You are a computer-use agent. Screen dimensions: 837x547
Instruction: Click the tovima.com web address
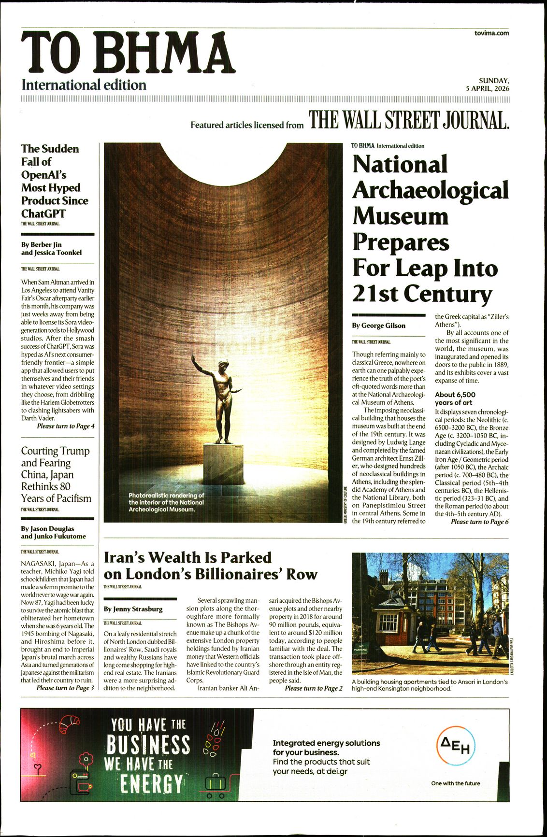pos(491,33)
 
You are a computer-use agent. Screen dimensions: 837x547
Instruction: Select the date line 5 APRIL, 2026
pos(487,89)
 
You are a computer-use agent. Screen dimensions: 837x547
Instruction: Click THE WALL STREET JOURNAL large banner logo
pos(409,121)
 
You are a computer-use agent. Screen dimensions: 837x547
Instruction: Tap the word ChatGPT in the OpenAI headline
pos(43,214)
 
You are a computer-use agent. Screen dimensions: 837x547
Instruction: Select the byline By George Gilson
pos(378,326)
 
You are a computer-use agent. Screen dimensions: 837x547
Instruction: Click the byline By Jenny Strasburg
pos(133,609)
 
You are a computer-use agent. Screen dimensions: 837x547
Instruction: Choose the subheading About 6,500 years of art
pos(455,398)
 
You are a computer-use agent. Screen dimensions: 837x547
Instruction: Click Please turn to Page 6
pos(479,522)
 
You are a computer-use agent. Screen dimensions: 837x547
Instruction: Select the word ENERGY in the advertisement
pos(151,783)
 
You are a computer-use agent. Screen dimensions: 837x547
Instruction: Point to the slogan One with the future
pos(455,783)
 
